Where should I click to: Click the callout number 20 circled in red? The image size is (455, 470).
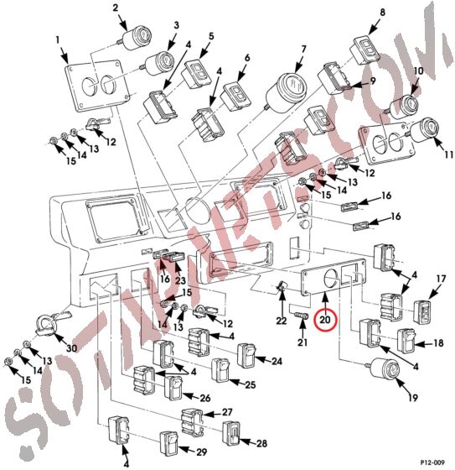pyautogui.click(x=325, y=319)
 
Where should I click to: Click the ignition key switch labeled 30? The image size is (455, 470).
pyautogui.click(x=47, y=322)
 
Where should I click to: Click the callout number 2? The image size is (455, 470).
pyautogui.click(x=115, y=8)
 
